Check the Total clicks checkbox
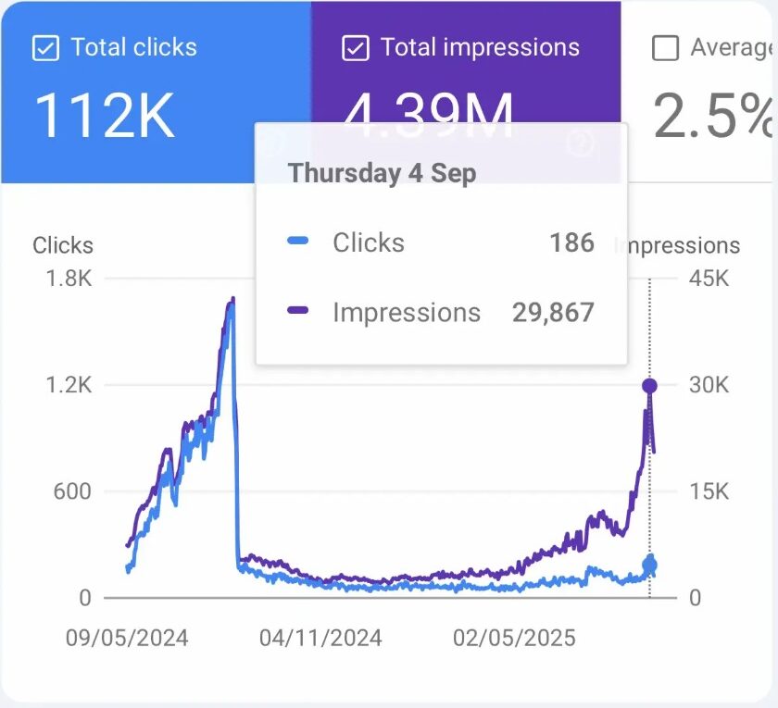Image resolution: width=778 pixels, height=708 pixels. [45, 48]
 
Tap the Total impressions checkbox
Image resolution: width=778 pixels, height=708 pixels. [356, 48]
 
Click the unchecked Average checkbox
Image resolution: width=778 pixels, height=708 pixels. [665, 48]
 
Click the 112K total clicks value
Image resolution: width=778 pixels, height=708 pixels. [104, 117]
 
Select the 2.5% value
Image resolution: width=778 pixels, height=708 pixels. [713, 117]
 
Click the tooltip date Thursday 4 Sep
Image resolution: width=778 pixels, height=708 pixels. [382, 173]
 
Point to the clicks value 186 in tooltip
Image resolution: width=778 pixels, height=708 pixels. [571, 242]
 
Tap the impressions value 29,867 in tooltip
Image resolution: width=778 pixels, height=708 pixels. [552, 313]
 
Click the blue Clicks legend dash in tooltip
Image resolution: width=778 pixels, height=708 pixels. [298, 242]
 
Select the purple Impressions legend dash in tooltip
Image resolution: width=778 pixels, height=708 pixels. [298, 313]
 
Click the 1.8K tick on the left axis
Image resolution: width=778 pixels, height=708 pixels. [69, 279]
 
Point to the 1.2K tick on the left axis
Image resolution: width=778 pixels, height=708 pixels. [69, 385]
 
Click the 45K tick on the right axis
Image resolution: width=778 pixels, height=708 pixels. [709, 279]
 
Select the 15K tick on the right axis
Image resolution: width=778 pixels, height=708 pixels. [709, 491]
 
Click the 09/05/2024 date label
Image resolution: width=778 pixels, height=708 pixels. [126, 639]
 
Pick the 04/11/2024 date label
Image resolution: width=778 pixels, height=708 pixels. [320, 639]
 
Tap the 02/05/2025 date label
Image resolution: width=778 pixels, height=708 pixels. [514, 639]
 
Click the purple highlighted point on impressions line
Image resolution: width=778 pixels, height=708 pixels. [650, 386]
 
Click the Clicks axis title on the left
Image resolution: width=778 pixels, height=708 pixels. [63, 245]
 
